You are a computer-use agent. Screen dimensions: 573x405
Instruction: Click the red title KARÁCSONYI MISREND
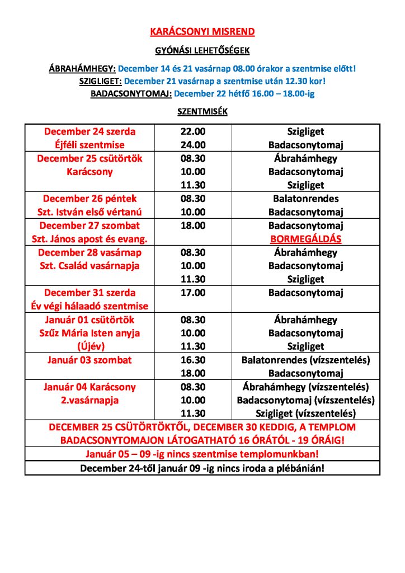(202, 32)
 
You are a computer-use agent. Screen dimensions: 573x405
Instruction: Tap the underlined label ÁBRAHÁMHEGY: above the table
(82, 69)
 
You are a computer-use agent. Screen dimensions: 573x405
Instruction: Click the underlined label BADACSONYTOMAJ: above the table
(131, 93)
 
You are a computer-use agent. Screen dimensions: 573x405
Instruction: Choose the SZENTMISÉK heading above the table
(202, 111)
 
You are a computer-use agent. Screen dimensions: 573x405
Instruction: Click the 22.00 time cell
(193, 131)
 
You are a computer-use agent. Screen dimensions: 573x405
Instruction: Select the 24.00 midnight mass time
(193, 145)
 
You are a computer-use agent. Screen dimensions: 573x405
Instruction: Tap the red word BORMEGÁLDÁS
(305, 239)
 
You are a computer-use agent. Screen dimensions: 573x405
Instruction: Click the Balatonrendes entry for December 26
(305, 199)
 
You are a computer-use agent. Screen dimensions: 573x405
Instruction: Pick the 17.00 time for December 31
(193, 293)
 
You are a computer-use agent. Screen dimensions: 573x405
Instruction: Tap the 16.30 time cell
(193, 360)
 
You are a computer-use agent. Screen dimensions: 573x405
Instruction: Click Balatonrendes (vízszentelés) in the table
(305, 360)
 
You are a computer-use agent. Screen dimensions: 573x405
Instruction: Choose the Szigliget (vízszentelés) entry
(305, 414)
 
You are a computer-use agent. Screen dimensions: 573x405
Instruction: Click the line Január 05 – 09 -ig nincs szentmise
(202, 453)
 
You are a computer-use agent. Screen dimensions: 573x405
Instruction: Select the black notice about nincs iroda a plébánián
(202, 467)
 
